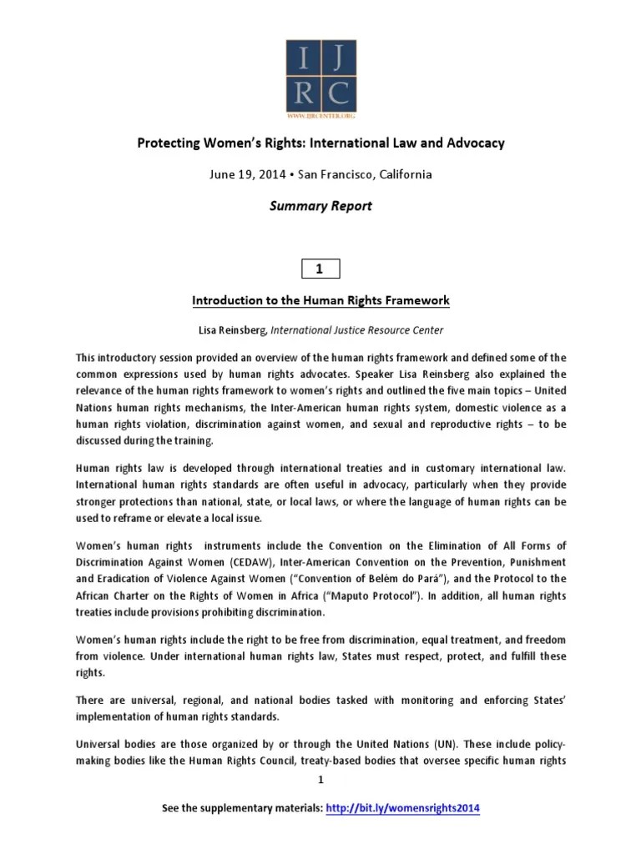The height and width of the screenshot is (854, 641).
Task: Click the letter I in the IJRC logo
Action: [x=303, y=59]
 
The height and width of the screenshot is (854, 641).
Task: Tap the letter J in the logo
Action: [x=339, y=59]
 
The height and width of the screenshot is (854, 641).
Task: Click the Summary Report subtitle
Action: [x=320, y=206]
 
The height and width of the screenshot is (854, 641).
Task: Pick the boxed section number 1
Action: [x=320, y=268]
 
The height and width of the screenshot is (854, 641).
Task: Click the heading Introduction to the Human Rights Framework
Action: [x=320, y=299]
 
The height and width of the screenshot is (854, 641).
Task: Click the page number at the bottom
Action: [x=320, y=780]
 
